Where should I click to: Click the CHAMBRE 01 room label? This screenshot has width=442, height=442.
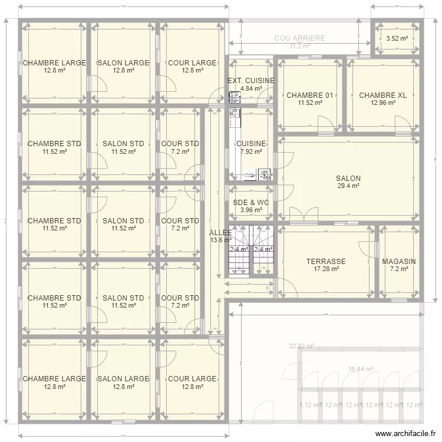(x=309, y=95)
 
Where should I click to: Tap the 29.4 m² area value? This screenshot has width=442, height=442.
(x=348, y=186)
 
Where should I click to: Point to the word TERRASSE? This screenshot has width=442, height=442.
(x=326, y=262)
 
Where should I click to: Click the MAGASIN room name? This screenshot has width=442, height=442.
(x=399, y=262)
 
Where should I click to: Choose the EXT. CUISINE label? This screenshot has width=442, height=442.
(x=251, y=81)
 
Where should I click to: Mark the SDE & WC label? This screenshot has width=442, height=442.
(x=251, y=202)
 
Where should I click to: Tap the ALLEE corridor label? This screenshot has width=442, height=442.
(x=220, y=232)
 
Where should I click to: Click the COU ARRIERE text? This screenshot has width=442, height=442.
(x=299, y=38)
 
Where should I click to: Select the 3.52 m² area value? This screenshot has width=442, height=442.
(x=397, y=39)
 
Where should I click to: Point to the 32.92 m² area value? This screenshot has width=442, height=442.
(x=301, y=347)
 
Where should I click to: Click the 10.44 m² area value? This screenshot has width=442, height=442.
(x=361, y=370)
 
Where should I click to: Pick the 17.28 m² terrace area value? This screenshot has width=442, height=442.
(x=326, y=269)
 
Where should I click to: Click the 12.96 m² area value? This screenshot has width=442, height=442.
(x=382, y=103)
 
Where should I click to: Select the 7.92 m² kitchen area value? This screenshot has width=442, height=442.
(x=251, y=151)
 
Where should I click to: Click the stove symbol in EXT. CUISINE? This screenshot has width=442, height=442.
(x=235, y=94)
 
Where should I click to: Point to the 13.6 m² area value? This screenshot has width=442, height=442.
(x=220, y=240)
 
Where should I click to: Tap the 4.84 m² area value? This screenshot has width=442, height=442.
(x=251, y=88)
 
